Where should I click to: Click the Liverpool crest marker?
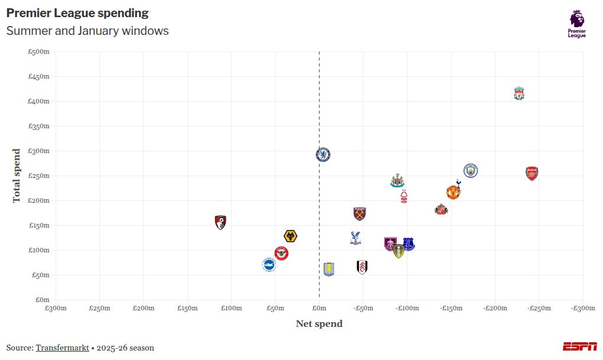pos(519,93)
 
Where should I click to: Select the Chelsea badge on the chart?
pos(323,155)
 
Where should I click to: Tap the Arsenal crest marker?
pos(532,173)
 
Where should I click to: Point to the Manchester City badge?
pos(470,171)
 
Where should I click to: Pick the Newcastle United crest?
pos(397,180)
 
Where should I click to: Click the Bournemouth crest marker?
pos(221,222)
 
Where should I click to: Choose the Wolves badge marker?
pos(290,236)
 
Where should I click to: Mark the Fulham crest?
pos(362,267)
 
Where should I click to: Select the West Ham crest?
pos(359,213)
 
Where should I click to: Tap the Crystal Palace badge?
pos(355,238)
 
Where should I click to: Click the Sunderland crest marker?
pos(441,209)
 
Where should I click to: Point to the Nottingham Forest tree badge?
pos(404,196)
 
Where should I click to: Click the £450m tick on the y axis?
pos(39,76)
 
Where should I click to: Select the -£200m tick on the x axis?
pos(495,308)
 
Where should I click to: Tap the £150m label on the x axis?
pos(187,308)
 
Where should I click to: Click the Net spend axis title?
pos(319,323)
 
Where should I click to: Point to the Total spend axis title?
pos(17,176)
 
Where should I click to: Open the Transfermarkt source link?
pos(62,348)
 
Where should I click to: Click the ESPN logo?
pos(579,346)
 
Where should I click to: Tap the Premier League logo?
pos(577,24)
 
